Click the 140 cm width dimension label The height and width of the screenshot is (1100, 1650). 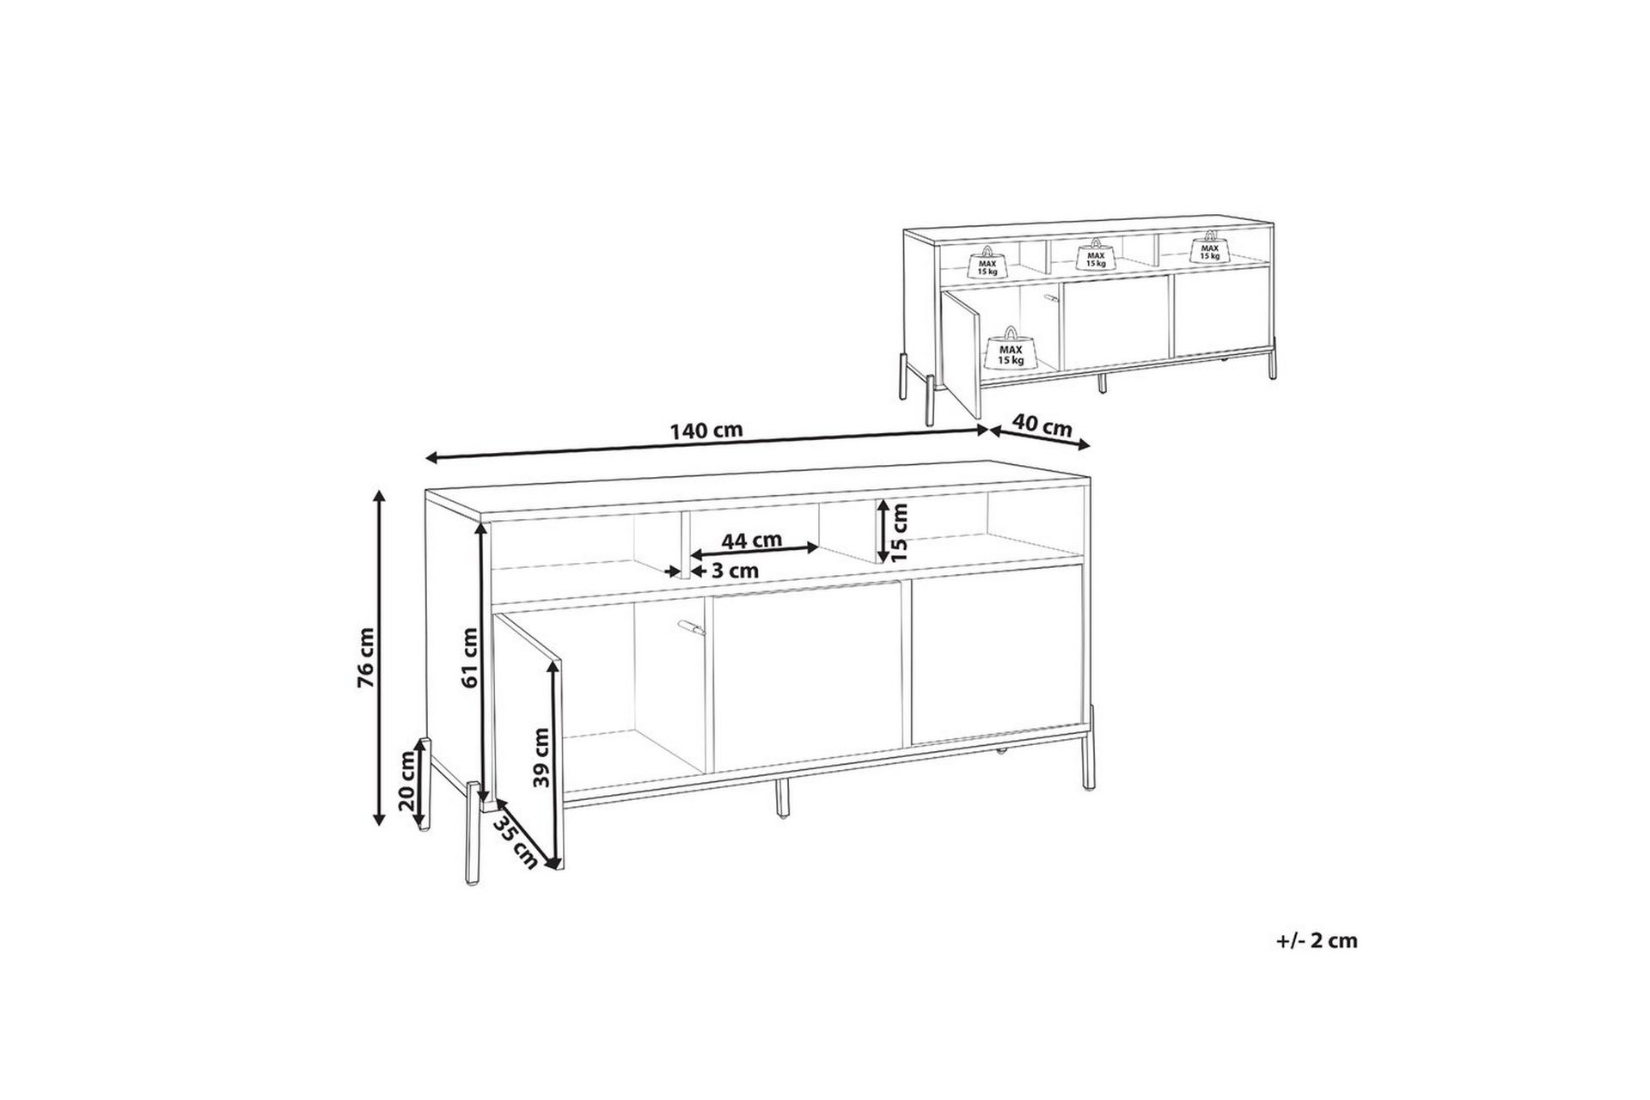pos(707,431)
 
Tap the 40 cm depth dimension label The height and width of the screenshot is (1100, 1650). pos(1042,426)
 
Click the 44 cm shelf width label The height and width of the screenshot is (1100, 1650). pos(752,541)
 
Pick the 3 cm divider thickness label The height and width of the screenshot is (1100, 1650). pos(735,570)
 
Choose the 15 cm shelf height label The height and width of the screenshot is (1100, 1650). pos(899,532)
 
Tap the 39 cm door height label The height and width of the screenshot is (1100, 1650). pos(541,757)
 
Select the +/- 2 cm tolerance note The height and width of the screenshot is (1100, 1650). pos(1317,941)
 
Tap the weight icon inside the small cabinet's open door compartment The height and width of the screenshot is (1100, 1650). pos(1011,351)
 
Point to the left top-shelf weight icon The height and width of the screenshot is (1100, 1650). pos(987,264)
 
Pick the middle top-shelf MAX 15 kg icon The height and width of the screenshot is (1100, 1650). pos(1095,255)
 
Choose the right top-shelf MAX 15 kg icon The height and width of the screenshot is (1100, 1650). pos(1209,248)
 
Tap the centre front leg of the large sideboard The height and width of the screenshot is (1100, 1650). pos(783,798)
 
